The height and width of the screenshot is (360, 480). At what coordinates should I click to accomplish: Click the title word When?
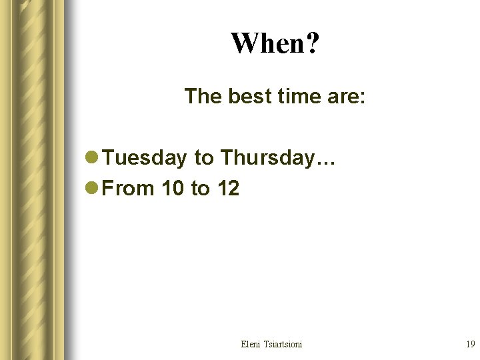point(275,44)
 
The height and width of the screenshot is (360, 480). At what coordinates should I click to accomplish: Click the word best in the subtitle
point(250,97)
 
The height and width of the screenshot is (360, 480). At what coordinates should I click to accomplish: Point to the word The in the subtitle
point(204,97)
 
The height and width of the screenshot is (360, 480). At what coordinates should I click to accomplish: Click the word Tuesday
point(145,158)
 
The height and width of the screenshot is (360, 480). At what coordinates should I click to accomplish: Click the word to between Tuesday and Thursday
point(203,158)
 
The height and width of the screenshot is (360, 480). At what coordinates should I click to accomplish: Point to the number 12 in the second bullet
point(227,189)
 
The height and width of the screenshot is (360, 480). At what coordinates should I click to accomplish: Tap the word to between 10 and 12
point(200,189)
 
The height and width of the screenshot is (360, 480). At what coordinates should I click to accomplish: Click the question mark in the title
point(313,44)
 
